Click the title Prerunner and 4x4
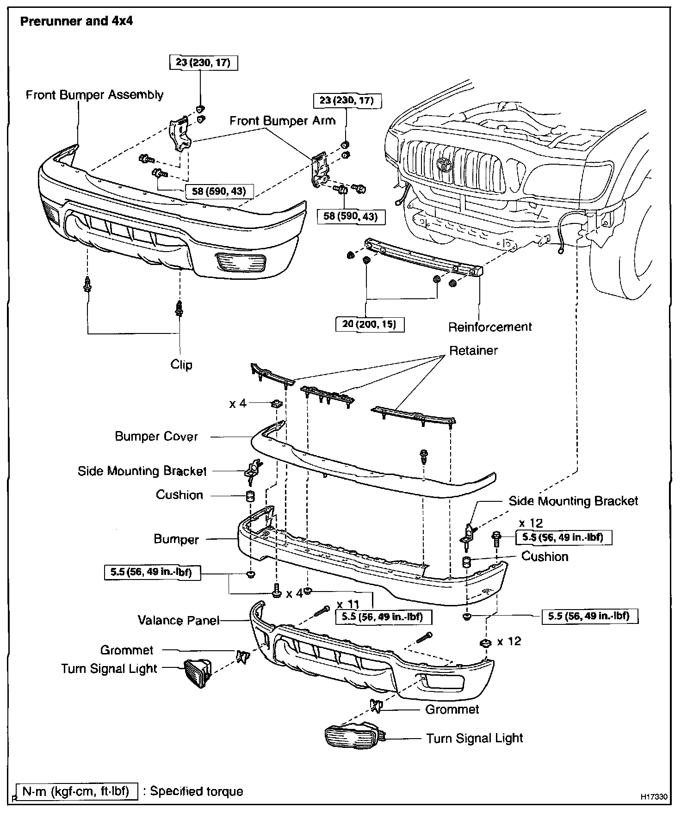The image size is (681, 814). tap(76, 21)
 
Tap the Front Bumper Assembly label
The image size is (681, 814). tap(94, 95)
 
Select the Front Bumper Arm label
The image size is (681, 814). tap(282, 121)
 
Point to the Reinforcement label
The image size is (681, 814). tap(490, 327)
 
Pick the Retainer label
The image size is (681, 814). tap(473, 351)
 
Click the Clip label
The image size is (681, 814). tap(181, 364)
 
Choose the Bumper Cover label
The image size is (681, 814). tap(156, 437)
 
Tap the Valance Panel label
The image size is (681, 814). tap(178, 620)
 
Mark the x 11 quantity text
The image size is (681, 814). tap(347, 605)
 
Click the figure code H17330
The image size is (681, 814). tap(654, 797)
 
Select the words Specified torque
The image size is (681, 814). tap(196, 791)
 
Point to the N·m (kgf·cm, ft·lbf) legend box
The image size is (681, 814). tap(76, 791)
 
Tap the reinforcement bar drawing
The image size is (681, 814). tap(423, 257)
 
